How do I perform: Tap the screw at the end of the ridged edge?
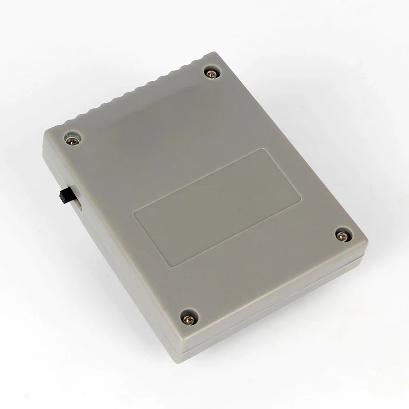pos(211,74)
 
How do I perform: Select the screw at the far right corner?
pos(343,235)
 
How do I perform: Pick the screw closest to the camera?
pos(189,319)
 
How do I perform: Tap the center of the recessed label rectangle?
pos(217,207)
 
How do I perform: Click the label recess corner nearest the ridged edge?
pos(263,150)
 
